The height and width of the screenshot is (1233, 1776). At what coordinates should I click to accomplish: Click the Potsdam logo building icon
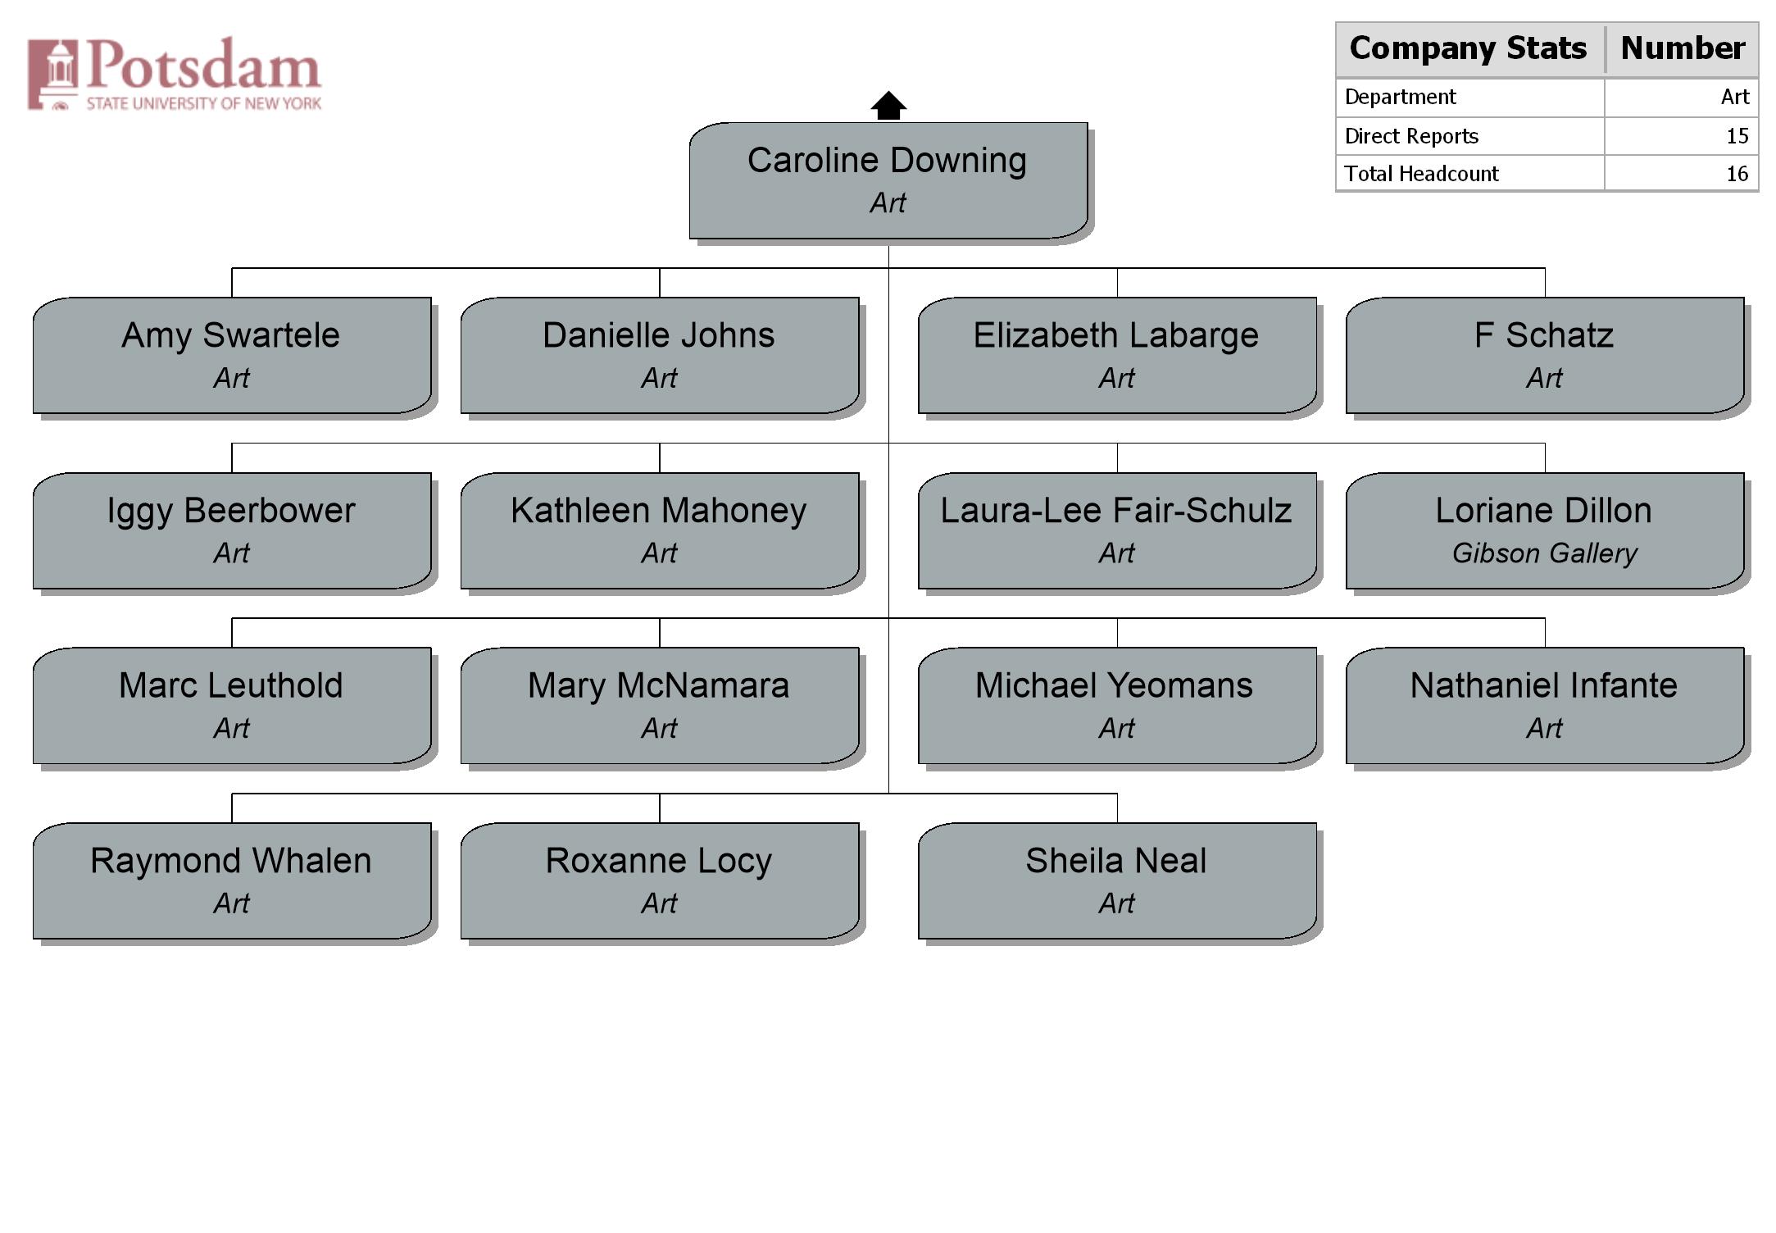click(x=53, y=75)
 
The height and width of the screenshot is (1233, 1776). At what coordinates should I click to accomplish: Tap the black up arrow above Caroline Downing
click(x=888, y=105)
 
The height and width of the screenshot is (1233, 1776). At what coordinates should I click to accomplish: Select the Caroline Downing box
click(x=888, y=180)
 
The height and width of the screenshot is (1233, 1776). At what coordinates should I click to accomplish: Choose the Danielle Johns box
click(x=660, y=355)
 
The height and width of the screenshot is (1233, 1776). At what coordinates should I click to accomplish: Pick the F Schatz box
click(x=1545, y=355)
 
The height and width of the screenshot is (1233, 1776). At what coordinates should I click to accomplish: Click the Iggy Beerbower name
click(x=231, y=511)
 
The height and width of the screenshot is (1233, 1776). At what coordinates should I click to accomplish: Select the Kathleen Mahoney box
click(x=660, y=530)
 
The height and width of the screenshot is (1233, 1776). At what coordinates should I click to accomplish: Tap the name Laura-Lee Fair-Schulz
click(x=1116, y=510)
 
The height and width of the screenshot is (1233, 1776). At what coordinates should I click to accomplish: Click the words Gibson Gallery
click(x=1545, y=553)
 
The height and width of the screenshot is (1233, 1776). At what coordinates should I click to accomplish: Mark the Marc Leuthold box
click(x=232, y=705)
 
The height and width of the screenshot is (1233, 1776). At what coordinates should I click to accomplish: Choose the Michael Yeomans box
click(x=1117, y=705)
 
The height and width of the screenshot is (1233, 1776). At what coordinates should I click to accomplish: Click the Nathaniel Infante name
click(x=1544, y=685)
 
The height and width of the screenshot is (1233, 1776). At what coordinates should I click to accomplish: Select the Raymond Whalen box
click(x=232, y=880)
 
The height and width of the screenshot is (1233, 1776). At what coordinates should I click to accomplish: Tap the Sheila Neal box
click(x=1117, y=880)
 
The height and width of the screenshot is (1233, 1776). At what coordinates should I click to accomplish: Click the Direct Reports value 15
click(x=1737, y=136)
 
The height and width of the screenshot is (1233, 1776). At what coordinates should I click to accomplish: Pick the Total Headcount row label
click(x=1422, y=174)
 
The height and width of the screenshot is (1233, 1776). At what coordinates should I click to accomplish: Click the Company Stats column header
click(x=1469, y=48)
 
